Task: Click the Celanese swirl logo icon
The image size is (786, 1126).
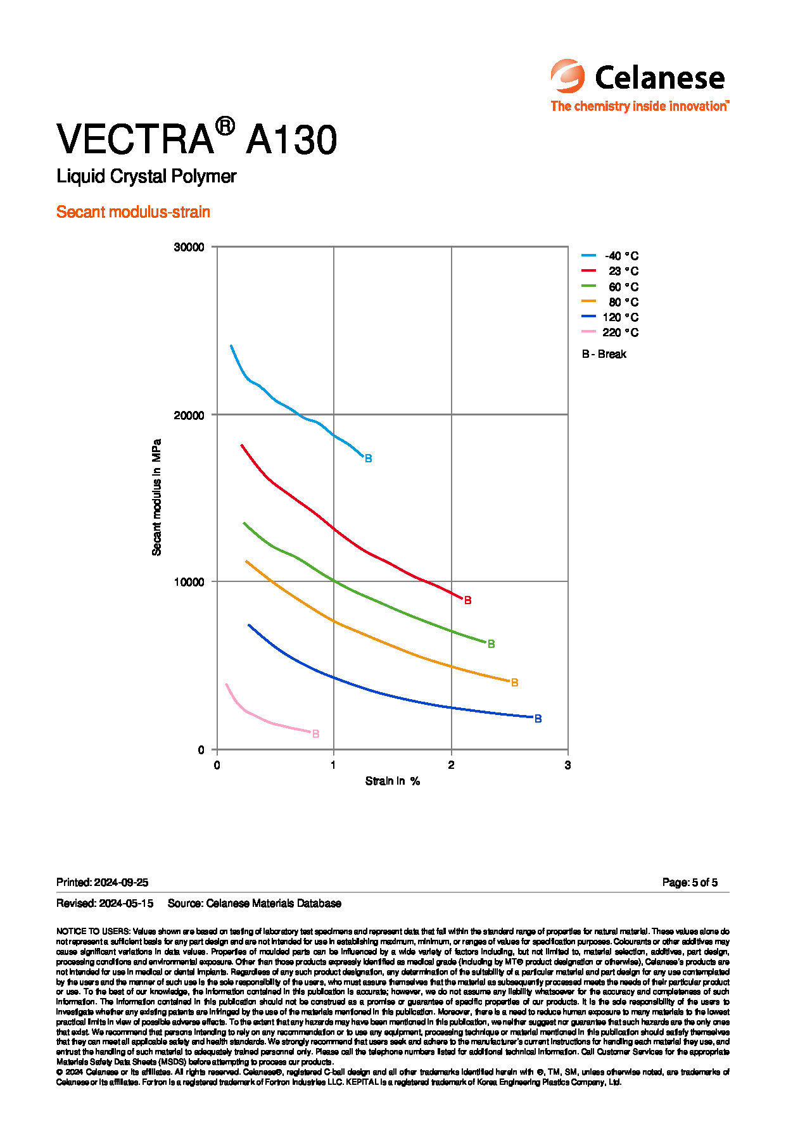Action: [x=567, y=76]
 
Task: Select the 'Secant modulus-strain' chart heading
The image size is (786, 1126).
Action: [x=133, y=212]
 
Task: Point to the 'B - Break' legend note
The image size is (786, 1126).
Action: [x=604, y=354]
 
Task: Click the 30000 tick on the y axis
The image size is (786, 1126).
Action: [x=189, y=247]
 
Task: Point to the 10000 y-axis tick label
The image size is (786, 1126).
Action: [x=189, y=582]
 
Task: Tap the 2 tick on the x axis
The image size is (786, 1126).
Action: [x=451, y=765]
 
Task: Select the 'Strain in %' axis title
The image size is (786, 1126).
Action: [x=393, y=781]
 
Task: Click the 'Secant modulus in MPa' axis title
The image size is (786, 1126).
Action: [x=156, y=497]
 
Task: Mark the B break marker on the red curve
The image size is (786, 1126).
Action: [x=467, y=600]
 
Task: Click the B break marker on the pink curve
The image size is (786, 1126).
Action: [x=315, y=734]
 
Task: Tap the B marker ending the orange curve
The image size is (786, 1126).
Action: [x=514, y=683]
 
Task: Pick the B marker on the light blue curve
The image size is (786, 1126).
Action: [x=368, y=459]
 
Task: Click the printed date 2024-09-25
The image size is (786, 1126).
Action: [x=120, y=882]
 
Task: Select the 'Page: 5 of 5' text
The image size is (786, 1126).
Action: [x=690, y=882]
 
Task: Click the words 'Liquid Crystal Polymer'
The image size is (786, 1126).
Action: [x=146, y=176]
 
